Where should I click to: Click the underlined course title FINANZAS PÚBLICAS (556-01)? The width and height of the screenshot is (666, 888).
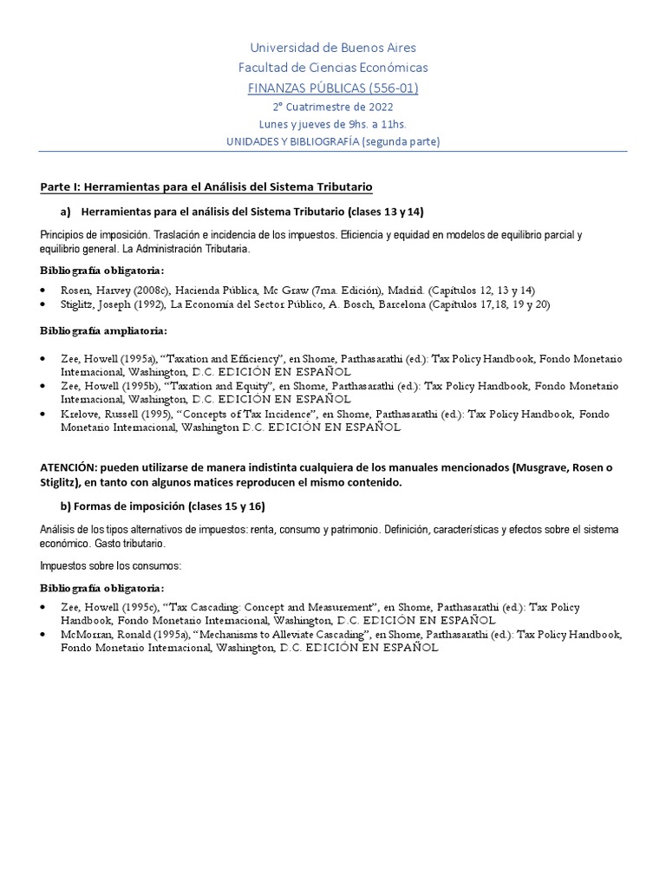(332, 88)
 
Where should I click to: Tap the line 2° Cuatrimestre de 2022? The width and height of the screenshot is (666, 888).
(332, 107)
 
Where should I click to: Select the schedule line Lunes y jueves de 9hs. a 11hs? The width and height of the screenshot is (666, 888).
(332, 124)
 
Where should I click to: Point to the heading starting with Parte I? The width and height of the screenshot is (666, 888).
(206, 187)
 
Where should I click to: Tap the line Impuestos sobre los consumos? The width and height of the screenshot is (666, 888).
(108, 565)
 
